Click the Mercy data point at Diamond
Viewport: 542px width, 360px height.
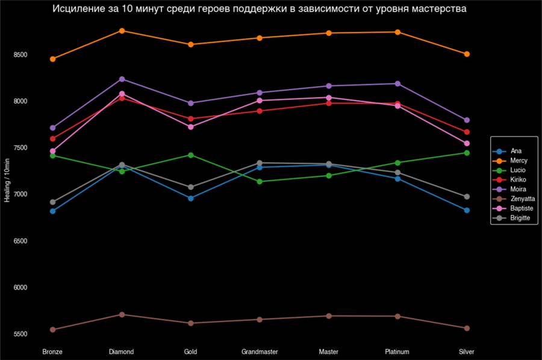click(122, 31)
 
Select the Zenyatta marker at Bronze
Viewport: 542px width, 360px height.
click(52, 330)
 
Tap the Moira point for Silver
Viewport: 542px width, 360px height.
click(467, 120)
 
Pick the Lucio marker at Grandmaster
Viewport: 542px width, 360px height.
click(260, 182)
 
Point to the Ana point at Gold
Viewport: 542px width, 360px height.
click(191, 198)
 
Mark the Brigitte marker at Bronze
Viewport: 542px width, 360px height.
click(52, 202)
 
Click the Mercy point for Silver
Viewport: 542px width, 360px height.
click(467, 54)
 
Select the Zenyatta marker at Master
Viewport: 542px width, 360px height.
click(329, 316)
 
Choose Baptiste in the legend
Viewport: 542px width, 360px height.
click(521, 208)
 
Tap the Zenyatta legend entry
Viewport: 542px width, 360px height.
click(522, 199)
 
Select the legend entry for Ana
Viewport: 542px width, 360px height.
click(516, 151)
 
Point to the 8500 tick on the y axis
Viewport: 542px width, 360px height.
click(22, 55)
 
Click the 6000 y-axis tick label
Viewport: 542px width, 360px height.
click(22, 288)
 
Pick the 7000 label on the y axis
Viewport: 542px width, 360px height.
click(22, 194)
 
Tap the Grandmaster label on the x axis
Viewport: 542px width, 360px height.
click(260, 352)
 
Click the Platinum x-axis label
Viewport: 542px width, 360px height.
click(397, 352)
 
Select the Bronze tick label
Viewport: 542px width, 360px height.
click(52, 352)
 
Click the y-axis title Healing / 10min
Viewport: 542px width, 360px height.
click(7, 181)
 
